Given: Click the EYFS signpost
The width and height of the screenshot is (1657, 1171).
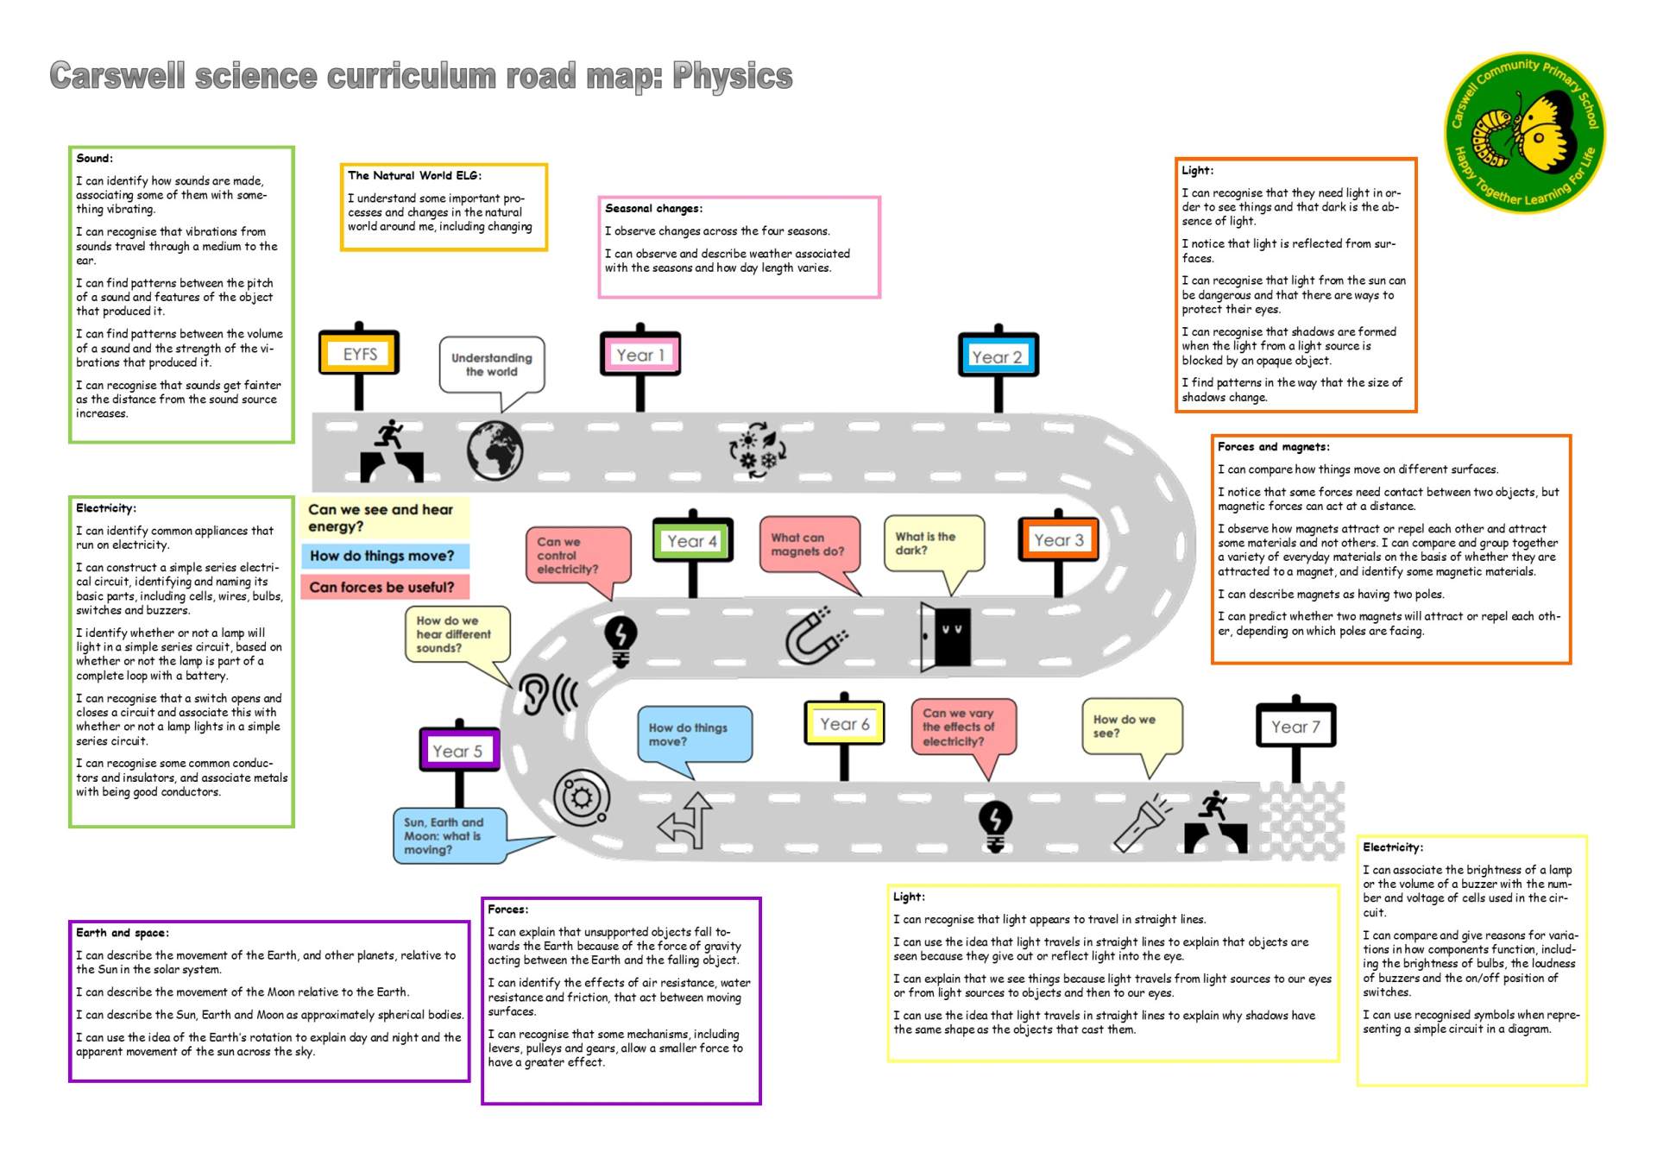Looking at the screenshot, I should click(359, 354).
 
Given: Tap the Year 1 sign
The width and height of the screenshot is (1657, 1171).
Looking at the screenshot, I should click(640, 355).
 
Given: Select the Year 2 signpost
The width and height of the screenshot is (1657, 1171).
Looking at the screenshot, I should click(998, 356).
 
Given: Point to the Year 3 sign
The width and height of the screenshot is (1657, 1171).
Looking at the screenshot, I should click(1058, 540).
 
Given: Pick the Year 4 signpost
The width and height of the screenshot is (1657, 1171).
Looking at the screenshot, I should click(692, 541).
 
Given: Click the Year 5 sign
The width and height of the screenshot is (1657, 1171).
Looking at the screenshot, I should click(458, 751).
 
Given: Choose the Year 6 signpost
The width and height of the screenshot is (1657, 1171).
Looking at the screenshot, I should click(844, 724).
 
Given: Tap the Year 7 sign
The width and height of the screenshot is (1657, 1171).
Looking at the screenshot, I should click(1295, 727).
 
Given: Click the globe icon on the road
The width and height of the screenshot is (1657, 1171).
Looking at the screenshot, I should click(495, 450).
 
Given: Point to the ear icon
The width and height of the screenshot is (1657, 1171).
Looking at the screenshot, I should click(547, 693).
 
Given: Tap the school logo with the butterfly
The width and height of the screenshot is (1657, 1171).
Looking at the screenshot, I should click(1524, 132).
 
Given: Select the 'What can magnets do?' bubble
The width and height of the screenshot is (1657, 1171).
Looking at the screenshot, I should click(809, 545).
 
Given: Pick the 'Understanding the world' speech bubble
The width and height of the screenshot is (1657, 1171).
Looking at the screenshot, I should click(492, 365).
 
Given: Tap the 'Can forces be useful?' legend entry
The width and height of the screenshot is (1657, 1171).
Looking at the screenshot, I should click(382, 588).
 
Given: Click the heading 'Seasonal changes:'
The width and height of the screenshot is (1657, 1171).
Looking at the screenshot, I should click(653, 208).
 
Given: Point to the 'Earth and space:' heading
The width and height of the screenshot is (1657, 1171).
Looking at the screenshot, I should click(123, 932).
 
